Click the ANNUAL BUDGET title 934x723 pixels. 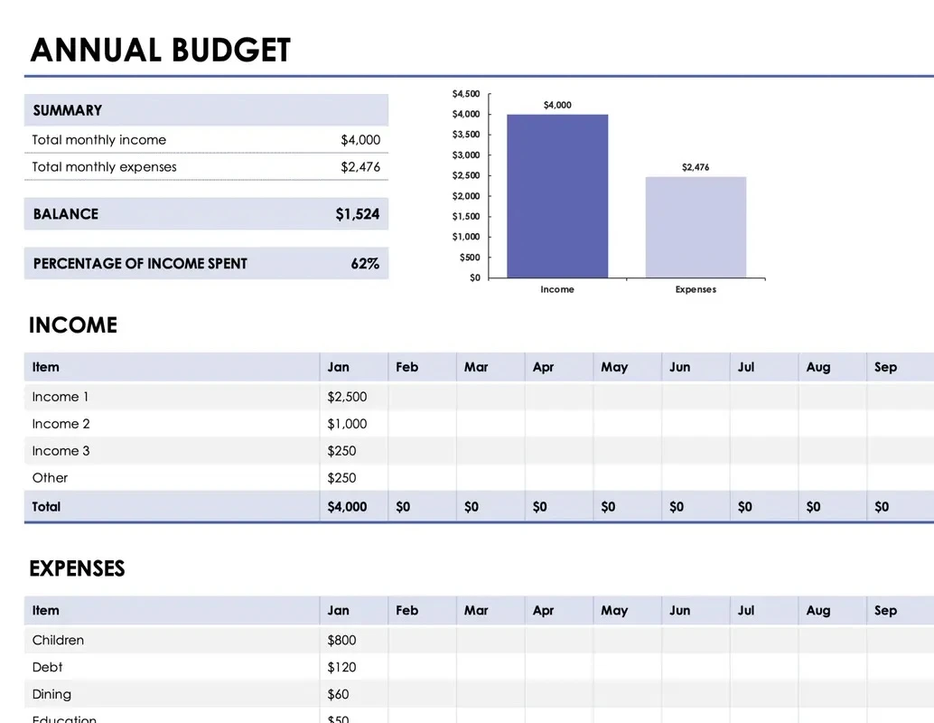point(161,50)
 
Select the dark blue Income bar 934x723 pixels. point(557,196)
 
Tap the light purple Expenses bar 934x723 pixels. point(696,228)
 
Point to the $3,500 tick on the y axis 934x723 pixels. point(466,135)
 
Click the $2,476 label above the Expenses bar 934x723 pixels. point(696,167)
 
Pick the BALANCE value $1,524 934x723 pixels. point(357,214)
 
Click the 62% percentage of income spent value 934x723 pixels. point(365,264)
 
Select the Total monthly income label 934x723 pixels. point(99,140)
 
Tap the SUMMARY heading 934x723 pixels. point(68,110)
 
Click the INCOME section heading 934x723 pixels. point(73,325)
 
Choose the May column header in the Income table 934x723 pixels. point(614,367)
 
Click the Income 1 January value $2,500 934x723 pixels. point(347,397)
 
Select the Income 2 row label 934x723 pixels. point(61,424)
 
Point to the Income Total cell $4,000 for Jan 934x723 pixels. point(347,507)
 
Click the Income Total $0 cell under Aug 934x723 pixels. point(813,507)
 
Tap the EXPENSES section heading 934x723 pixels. point(77,568)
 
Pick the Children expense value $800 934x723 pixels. point(341,640)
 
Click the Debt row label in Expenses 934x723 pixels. point(48,667)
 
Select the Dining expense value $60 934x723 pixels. point(338,694)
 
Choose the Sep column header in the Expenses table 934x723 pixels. point(885,610)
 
